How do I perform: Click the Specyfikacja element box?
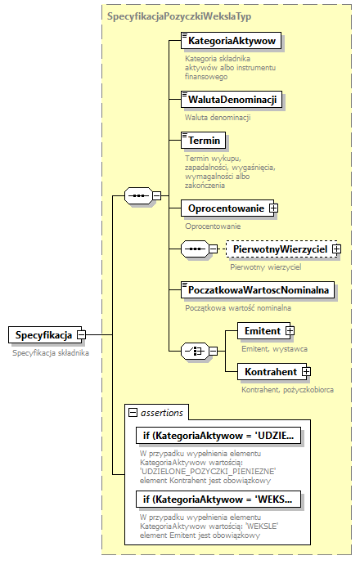point(42,334)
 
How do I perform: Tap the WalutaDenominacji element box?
point(231,100)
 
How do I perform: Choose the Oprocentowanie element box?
point(223,208)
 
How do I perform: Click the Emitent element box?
point(261,331)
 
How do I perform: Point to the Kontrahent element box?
point(269,372)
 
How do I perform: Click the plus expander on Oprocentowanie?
point(274,208)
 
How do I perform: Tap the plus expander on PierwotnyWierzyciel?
point(335,248)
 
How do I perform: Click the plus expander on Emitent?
point(289,331)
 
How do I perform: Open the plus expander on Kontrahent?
point(307,372)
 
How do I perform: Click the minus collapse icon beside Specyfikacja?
point(82,334)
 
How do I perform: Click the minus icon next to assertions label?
point(132,413)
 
